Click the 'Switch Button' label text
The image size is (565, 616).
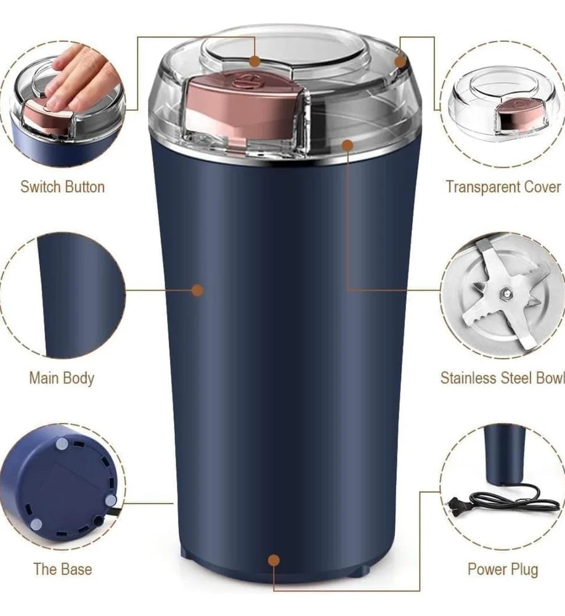click(x=62, y=187)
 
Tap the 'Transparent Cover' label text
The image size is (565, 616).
click(x=503, y=187)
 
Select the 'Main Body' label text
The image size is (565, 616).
click(x=62, y=378)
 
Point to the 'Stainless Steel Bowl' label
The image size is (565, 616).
click(x=502, y=378)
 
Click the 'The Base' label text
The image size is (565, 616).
click(x=62, y=569)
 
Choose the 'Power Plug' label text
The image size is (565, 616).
click(x=502, y=569)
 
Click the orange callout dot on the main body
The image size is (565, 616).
click(x=197, y=290)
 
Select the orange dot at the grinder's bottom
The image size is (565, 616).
click(x=274, y=560)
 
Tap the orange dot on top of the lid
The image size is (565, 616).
click(x=254, y=61)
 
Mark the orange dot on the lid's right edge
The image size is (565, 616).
click(x=400, y=61)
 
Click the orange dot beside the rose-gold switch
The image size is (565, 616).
click(x=347, y=145)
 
